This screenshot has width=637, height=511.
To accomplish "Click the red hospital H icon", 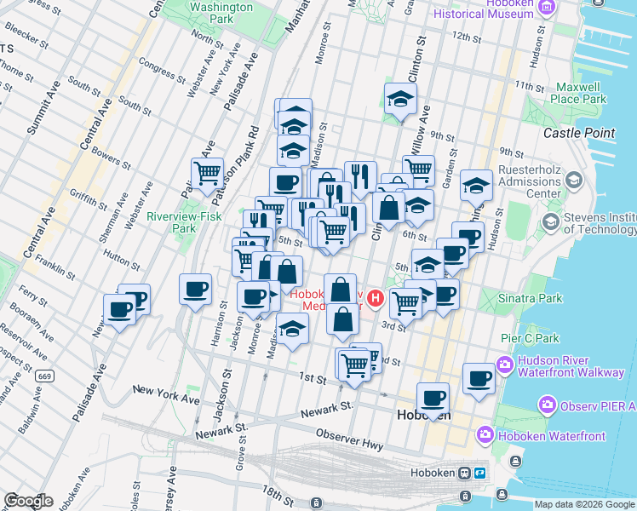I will click(374, 300).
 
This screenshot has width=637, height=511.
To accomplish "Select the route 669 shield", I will click(45, 376).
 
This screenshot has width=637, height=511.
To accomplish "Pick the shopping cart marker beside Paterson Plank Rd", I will click(207, 174).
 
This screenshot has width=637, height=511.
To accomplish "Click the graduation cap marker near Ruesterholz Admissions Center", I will click(477, 186).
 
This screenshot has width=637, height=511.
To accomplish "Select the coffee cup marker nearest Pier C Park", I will click(479, 377).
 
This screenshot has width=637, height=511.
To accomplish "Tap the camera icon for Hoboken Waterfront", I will click(485, 435).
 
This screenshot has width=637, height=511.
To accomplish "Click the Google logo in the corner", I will click(29, 500).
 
